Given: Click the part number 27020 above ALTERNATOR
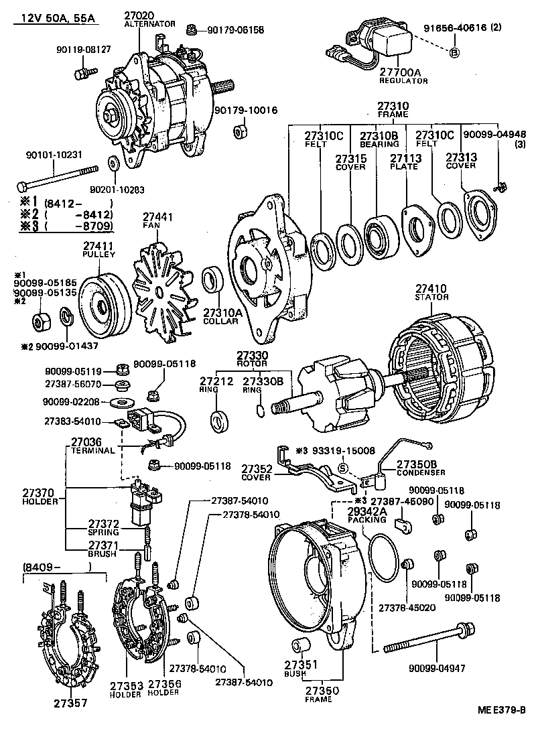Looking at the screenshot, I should tap(140, 15).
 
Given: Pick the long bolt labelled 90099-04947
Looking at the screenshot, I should tap(429, 640).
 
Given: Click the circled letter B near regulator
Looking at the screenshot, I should tap(453, 52).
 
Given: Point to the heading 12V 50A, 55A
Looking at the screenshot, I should tap(54, 15).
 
